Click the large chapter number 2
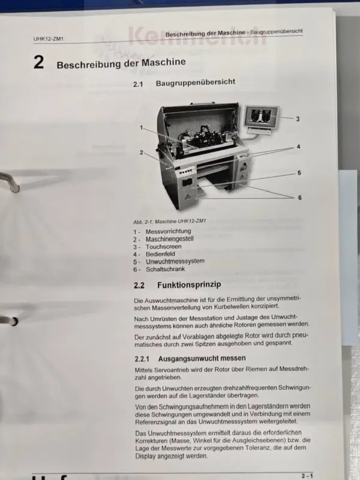[x=38, y=62]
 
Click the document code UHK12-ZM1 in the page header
[x=49, y=39]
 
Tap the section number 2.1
[x=138, y=84]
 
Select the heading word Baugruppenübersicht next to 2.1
[x=196, y=82]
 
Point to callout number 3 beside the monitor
[x=298, y=119]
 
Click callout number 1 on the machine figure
[x=141, y=127]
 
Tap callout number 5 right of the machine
[x=299, y=173]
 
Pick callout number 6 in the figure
[x=299, y=197]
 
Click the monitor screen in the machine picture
[x=261, y=116]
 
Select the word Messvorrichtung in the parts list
[x=168, y=232]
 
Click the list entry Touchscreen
[x=163, y=247]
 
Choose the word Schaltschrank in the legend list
[x=166, y=269]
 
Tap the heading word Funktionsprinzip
[x=189, y=284]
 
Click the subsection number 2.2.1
[x=142, y=358]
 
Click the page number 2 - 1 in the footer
[x=307, y=476]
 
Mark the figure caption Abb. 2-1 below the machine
[x=169, y=221]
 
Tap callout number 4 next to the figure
[x=298, y=147]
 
